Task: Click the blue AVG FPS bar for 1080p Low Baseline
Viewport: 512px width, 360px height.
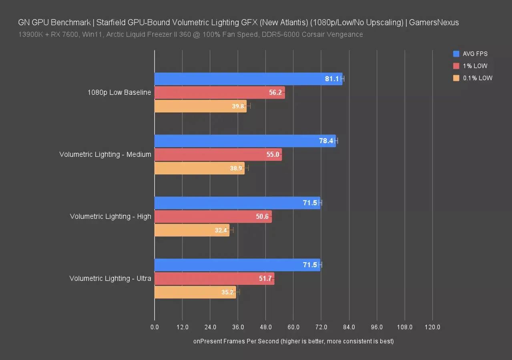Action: (x=248, y=79)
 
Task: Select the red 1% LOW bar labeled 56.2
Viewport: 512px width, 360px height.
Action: (x=219, y=92)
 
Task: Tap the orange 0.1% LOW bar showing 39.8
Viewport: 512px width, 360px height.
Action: (x=200, y=106)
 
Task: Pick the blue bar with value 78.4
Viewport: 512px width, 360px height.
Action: (x=245, y=141)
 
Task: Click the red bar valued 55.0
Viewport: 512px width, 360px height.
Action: (x=218, y=154)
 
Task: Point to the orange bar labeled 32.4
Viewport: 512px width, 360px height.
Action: (x=192, y=230)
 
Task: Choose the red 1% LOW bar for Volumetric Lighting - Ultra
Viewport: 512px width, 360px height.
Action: (x=214, y=278)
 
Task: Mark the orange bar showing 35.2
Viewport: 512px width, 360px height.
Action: (x=195, y=292)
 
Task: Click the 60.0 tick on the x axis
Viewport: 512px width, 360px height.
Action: (x=293, y=327)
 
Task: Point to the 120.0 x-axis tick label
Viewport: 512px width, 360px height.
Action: (x=432, y=327)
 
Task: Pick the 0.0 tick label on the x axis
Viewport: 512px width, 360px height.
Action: (x=155, y=327)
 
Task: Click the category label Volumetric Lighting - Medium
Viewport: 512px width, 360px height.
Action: (x=105, y=154)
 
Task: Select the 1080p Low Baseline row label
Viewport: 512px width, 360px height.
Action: (x=119, y=92)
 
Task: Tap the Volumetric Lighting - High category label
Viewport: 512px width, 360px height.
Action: (x=110, y=216)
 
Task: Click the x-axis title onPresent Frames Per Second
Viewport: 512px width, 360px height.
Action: (x=293, y=341)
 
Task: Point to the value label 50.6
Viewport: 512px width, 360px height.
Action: (x=262, y=216)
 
